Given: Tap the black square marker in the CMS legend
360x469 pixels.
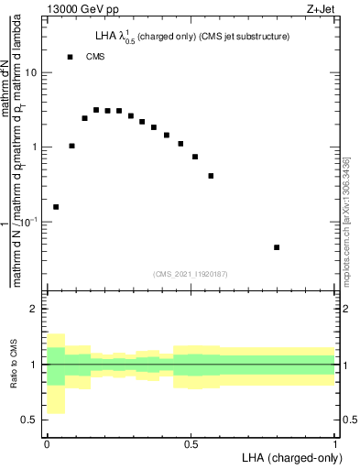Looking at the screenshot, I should pyautogui.click(x=71, y=57).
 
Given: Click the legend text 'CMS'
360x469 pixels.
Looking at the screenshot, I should pyautogui.click(x=95, y=57).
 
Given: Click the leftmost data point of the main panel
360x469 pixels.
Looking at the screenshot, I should pyautogui.click(x=56, y=207).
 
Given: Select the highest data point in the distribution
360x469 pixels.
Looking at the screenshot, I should pyautogui.click(x=96, y=110).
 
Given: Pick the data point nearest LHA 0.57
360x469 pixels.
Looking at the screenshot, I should pyautogui.click(x=211, y=176).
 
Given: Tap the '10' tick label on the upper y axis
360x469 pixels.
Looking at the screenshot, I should pyautogui.click(x=32, y=72).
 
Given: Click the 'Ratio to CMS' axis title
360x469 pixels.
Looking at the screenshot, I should pyautogui.click(x=13, y=365).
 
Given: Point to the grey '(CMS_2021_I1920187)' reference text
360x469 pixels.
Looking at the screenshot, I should pyautogui.click(x=190, y=274).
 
